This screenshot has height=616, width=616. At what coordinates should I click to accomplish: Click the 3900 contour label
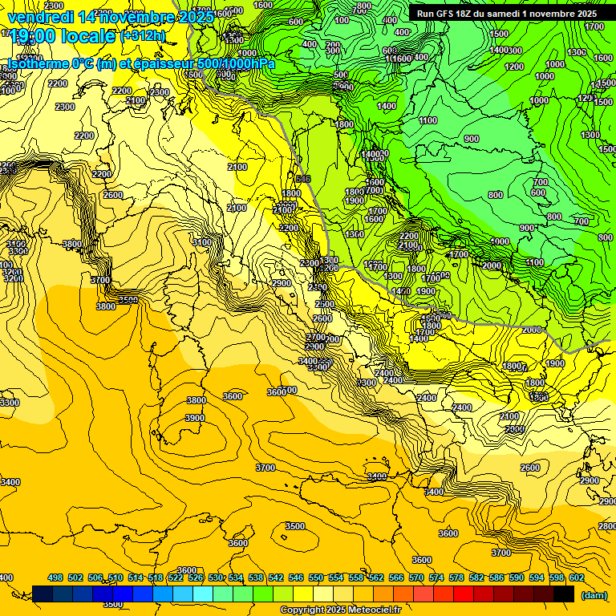[x=195, y=418]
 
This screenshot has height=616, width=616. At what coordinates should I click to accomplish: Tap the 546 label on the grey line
[x=302, y=178]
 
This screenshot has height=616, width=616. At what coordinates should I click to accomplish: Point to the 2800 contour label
[x=607, y=526]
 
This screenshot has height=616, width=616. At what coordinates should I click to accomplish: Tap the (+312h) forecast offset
[x=144, y=36]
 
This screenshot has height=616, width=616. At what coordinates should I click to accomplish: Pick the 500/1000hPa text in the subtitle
[x=238, y=64]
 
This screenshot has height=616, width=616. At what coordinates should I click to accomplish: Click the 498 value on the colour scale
[x=55, y=577]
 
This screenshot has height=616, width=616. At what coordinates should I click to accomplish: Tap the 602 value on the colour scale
[x=577, y=577]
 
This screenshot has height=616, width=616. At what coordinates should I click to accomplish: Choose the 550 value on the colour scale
[x=316, y=577]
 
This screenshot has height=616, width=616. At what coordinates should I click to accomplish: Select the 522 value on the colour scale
[x=176, y=577]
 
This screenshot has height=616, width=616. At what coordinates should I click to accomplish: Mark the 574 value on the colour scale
[x=436, y=577]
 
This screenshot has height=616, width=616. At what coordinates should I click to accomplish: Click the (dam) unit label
[x=594, y=594]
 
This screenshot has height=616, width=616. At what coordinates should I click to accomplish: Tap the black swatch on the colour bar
[x=564, y=594]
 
